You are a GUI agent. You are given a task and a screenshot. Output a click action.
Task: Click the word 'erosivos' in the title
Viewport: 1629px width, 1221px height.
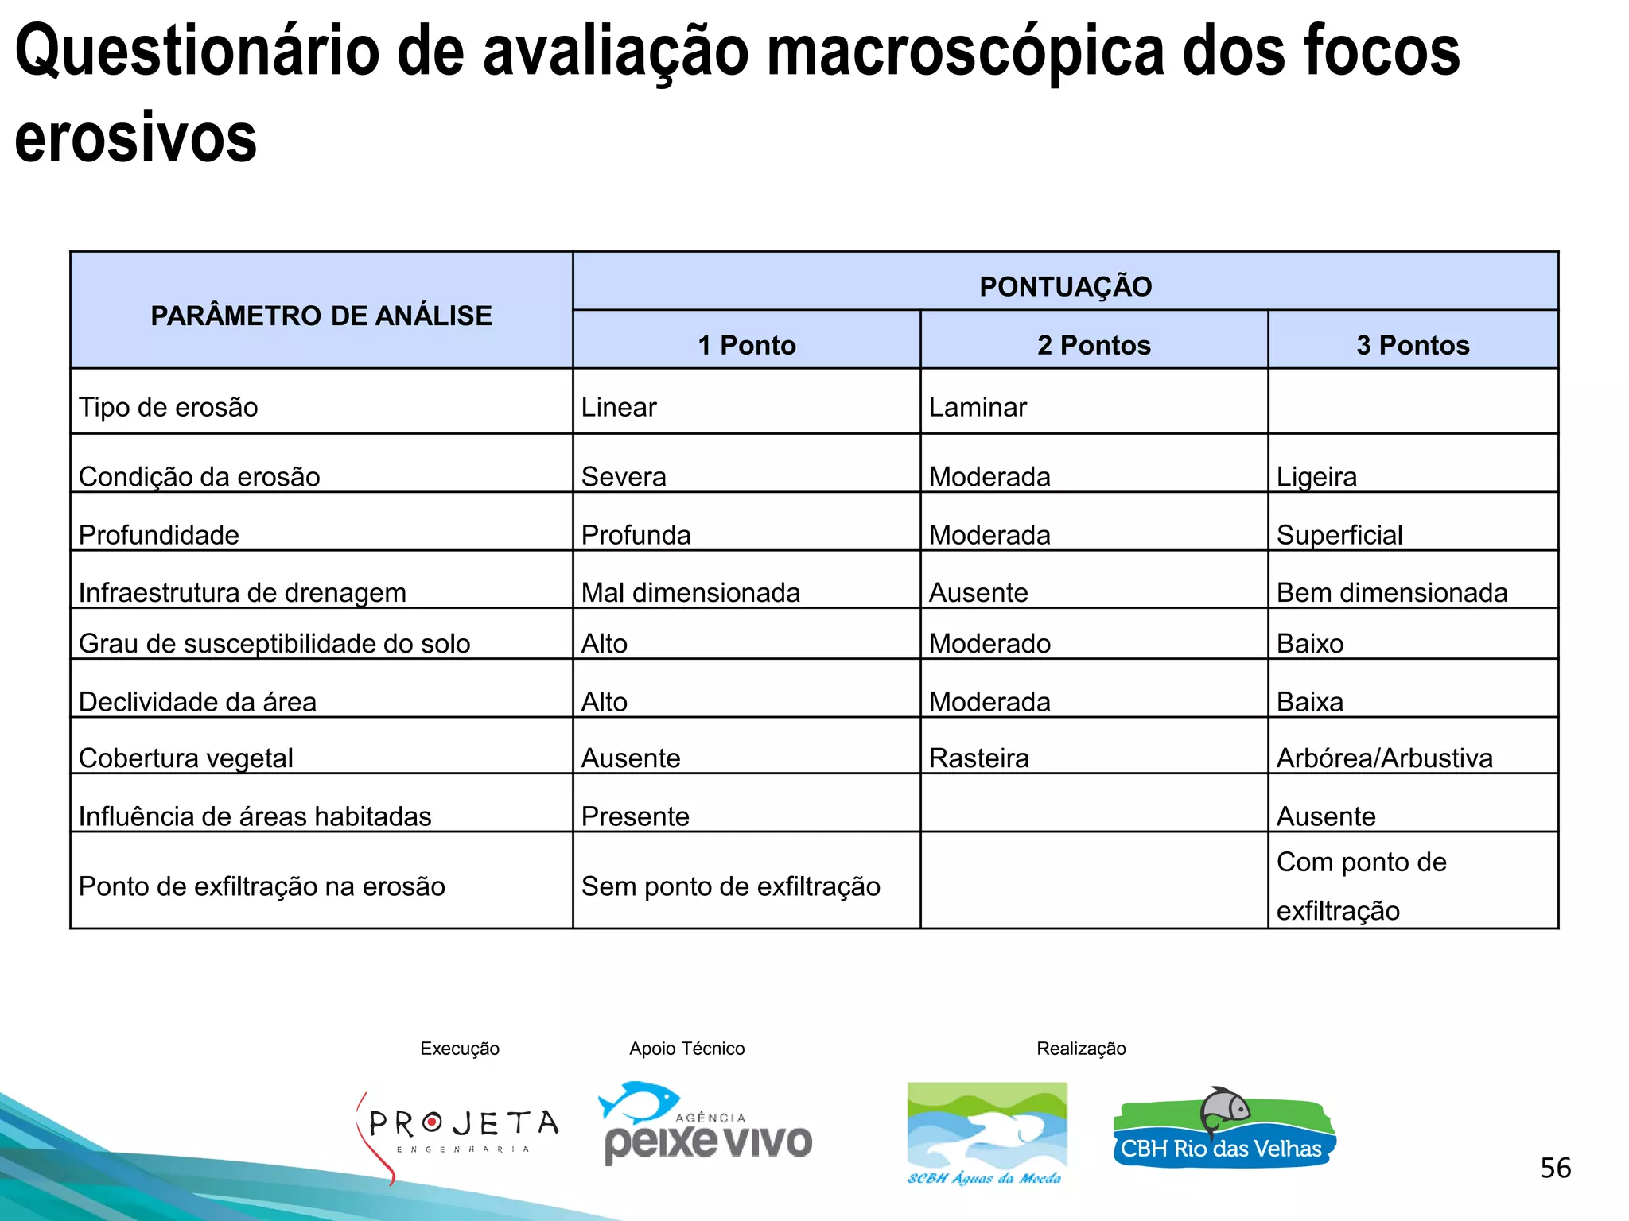136,138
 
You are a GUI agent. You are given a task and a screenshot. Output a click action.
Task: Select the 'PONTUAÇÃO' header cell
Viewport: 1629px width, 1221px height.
1065,286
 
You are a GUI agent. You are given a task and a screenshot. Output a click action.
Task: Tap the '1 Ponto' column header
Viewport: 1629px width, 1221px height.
746,345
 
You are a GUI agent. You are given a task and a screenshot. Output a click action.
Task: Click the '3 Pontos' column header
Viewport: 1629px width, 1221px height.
1413,345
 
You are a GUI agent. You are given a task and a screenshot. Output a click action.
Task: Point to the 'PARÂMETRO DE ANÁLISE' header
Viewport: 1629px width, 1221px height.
321,316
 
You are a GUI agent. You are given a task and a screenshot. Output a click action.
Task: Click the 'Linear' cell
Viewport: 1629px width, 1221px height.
619,407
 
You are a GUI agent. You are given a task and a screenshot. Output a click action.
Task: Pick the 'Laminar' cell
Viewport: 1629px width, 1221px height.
978,407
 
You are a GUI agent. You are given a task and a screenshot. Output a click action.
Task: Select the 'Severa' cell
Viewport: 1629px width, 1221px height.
624,476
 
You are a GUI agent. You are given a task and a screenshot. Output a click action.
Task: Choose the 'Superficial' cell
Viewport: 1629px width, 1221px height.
1339,535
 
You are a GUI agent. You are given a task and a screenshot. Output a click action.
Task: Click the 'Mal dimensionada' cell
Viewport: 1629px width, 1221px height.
690,592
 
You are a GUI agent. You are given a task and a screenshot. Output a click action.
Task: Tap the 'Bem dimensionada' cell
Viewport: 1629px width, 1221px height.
1392,592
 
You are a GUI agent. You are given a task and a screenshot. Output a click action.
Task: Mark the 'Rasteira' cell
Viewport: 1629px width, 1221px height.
978,758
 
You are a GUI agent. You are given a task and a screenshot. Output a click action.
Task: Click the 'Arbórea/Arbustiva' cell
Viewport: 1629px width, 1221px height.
1384,758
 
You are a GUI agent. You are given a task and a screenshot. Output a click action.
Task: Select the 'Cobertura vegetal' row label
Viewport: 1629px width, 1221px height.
186,758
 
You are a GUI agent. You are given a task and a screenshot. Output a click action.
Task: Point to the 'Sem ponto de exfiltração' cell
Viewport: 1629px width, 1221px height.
730,886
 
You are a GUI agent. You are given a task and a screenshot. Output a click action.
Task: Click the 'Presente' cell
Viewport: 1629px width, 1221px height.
635,816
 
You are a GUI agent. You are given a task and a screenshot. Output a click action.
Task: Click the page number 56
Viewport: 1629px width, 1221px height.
1555,1168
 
